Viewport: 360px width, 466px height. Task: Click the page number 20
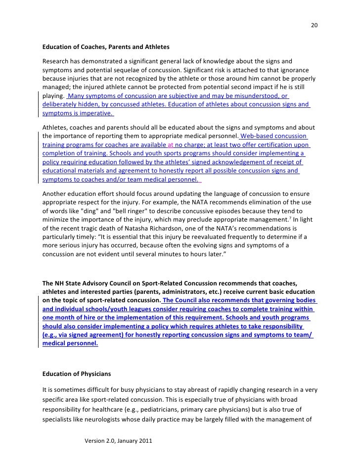point(314,26)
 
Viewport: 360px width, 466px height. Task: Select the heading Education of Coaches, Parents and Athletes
point(106,47)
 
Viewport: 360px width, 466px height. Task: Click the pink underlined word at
point(170,144)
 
